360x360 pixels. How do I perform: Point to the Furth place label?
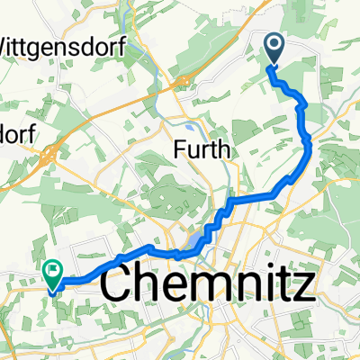tap(204, 148)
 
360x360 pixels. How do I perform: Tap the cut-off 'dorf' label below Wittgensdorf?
tap(18, 132)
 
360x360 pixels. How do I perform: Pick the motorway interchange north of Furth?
tap(184, 83)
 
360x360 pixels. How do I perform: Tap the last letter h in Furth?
tap(226, 148)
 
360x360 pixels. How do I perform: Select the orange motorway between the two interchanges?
tap(117, 121)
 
